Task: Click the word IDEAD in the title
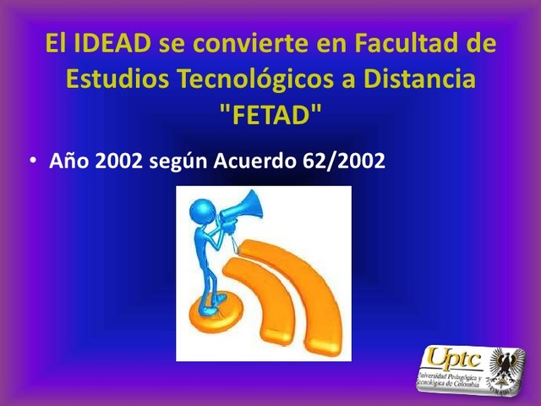[108, 43]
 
